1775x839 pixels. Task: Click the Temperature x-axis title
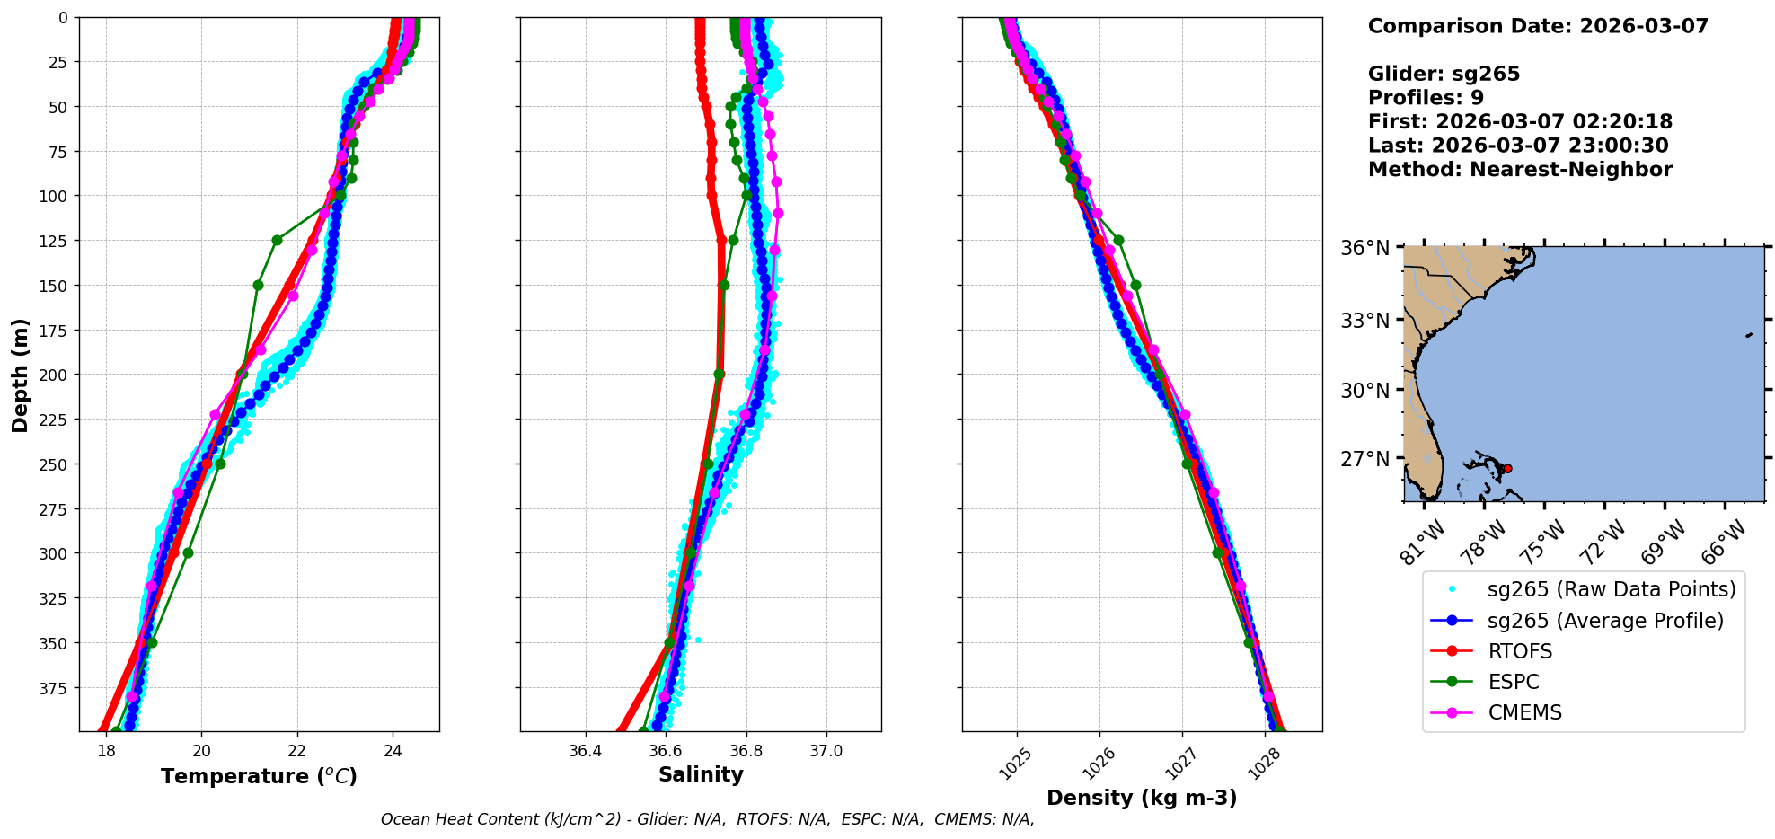259,776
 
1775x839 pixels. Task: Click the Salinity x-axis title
701,774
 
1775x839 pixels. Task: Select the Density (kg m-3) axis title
1142,798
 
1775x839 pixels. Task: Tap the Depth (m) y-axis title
20,375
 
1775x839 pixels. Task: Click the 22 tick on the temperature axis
297,751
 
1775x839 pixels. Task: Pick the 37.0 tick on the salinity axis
826,751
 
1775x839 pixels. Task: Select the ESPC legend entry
1514,682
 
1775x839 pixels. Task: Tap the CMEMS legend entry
1524,712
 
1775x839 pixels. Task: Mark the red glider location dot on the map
1507,468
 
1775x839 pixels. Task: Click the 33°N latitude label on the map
1365,321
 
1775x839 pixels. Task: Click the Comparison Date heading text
1538,26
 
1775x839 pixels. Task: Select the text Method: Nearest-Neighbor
1520,170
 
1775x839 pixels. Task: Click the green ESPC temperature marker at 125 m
277,240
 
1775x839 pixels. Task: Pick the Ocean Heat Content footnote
707,819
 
